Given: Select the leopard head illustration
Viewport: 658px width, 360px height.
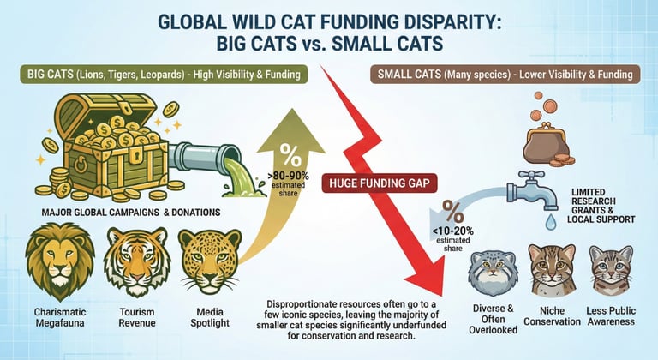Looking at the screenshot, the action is tap(206, 259).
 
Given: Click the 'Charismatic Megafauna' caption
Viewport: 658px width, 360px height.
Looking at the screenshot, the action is tap(59, 316).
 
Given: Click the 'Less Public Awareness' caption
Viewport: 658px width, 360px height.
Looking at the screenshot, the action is tap(612, 316).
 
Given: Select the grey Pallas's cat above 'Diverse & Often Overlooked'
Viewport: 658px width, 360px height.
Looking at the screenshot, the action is tap(489, 267).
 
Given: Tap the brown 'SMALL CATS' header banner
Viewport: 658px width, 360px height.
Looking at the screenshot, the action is tap(507, 75).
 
